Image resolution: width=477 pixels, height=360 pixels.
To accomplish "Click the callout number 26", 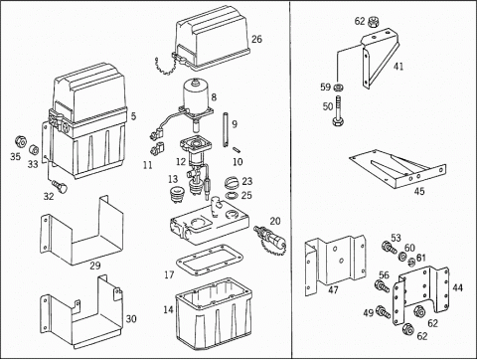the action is click(x=256, y=39).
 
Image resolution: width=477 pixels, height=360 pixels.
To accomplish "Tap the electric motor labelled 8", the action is click(x=196, y=96).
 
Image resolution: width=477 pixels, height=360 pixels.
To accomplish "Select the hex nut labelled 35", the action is click(x=21, y=142).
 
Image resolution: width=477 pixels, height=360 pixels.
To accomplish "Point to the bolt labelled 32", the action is click(x=60, y=186).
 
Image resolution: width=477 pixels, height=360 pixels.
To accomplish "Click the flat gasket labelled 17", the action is click(x=210, y=260).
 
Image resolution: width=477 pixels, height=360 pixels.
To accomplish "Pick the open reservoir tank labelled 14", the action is click(x=214, y=313).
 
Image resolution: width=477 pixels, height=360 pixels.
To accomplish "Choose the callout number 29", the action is click(x=95, y=266).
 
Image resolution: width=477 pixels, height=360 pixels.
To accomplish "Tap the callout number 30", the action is click(x=131, y=319).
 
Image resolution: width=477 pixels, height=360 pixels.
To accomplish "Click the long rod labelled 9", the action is click(x=225, y=129).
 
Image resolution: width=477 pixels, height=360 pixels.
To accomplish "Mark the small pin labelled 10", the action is click(x=237, y=150).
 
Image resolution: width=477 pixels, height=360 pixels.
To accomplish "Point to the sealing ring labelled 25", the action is click(x=232, y=195).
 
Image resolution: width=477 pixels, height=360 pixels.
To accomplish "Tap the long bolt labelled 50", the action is click(x=338, y=111).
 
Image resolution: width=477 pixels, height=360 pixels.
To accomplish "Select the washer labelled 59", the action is click(x=338, y=88).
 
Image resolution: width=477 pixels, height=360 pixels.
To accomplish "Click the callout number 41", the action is click(x=398, y=67).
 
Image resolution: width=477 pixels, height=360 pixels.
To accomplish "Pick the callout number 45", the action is click(x=419, y=191).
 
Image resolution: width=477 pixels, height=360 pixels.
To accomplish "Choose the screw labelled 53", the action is click(x=389, y=248).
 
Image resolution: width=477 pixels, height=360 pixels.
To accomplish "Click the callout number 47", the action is click(x=333, y=289).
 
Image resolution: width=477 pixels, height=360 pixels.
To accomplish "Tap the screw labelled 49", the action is click(x=383, y=311).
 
